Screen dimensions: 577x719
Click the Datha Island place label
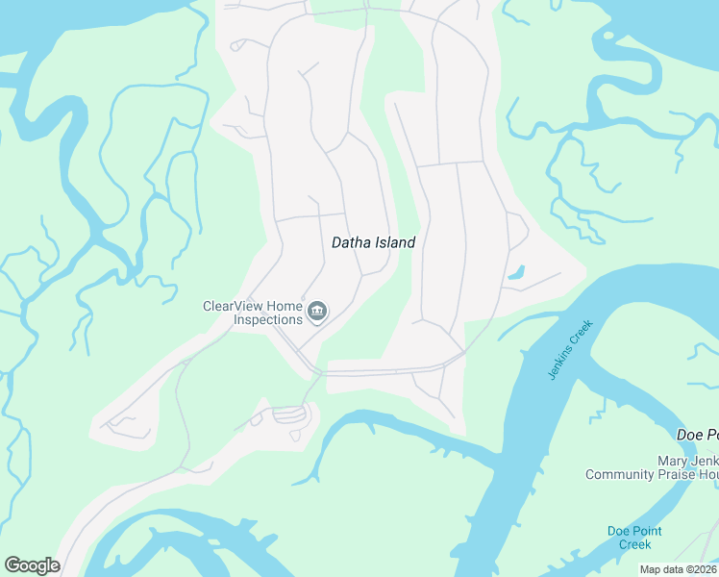[x=373, y=242]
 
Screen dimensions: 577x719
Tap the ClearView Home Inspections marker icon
[x=317, y=312]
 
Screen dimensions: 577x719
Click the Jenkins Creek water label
[x=571, y=349]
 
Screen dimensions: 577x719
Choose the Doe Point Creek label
[x=634, y=538]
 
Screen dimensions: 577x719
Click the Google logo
[x=32, y=565]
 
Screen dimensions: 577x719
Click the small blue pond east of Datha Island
[x=517, y=272]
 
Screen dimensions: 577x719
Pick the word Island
[x=394, y=242]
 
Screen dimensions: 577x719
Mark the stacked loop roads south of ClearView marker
[x=291, y=415]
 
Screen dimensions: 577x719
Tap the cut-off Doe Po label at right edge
[x=697, y=435]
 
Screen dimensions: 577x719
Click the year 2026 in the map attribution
[x=706, y=569]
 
